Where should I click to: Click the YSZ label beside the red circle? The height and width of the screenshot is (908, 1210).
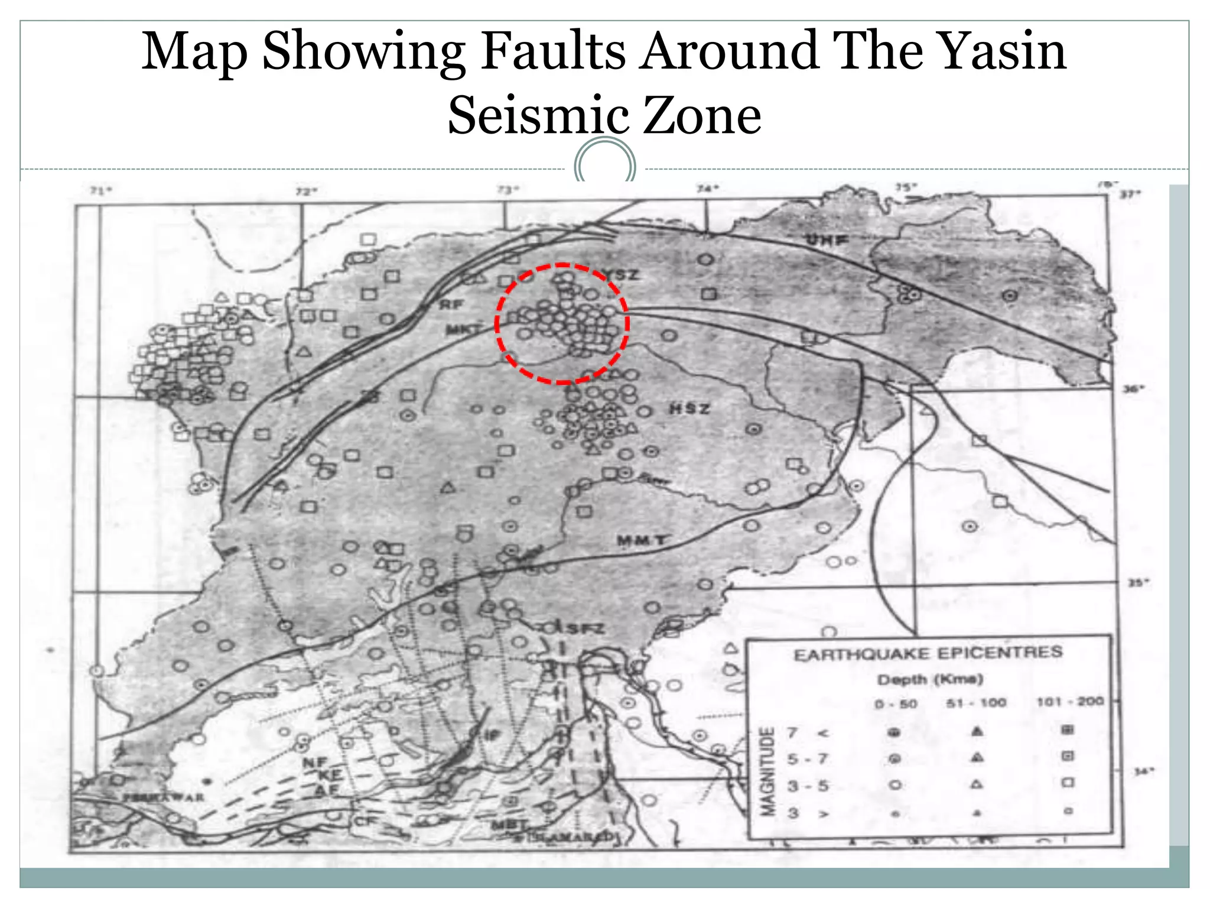pyautogui.click(x=622, y=274)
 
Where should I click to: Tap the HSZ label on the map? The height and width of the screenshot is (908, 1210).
pyautogui.click(x=689, y=408)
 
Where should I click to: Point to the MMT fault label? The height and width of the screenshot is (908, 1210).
pyautogui.click(x=642, y=540)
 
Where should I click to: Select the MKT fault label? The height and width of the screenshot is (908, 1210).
pyautogui.click(x=464, y=329)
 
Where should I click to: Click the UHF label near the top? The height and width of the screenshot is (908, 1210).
pyautogui.click(x=827, y=239)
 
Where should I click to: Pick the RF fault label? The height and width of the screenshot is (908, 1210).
pyautogui.click(x=452, y=304)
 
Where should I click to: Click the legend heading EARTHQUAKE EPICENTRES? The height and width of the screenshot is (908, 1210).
pyautogui.click(x=928, y=654)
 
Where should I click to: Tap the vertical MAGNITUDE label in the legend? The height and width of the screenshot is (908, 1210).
pyautogui.click(x=767, y=771)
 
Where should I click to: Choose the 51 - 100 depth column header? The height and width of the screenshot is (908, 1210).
pyautogui.click(x=976, y=702)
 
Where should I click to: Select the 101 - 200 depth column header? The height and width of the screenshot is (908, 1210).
pyautogui.click(x=1070, y=701)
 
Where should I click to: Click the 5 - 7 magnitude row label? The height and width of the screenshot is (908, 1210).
pyautogui.click(x=808, y=758)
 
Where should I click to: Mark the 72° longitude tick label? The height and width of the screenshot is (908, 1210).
pyautogui.click(x=306, y=191)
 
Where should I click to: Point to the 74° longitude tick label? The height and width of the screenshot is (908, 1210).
pyautogui.click(x=707, y=189)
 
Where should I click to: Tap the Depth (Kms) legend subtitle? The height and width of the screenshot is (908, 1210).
pyautogui.click(x=930, y=679)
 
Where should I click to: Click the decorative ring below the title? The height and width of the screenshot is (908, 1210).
pyautogui.click(x=605, y=163)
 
